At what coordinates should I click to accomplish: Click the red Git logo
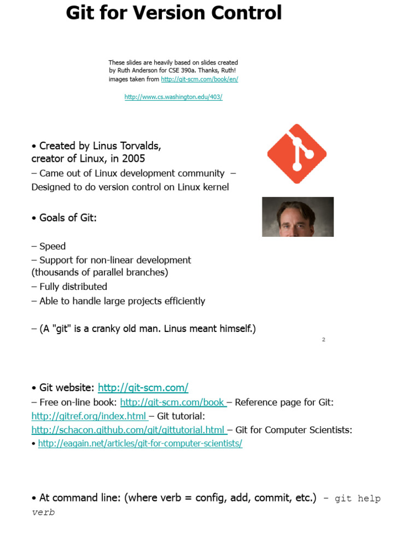(296, 154)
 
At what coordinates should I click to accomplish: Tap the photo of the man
(297, 217)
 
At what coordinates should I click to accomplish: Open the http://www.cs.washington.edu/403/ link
(173, 97)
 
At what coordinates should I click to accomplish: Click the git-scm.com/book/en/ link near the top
(200, 79)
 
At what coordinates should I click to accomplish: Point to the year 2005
(135, 159)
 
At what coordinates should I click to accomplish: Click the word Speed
(52, 246)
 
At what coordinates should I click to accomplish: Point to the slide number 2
(324, 340)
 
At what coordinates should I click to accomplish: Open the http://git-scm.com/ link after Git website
(143, 388)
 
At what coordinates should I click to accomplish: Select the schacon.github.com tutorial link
(128, 430)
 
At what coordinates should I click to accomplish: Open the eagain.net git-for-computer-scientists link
(140, 444)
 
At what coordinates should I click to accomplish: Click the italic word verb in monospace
(43, 513)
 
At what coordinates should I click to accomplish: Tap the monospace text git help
(358, 499)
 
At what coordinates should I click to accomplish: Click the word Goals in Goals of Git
(53, 218)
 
